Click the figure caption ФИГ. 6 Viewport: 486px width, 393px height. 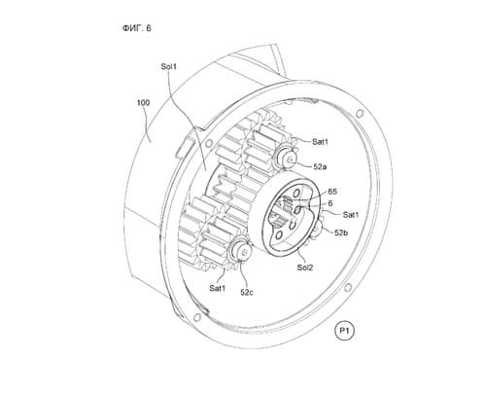136,28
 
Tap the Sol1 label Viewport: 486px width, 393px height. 169,67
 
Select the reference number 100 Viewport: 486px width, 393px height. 143,103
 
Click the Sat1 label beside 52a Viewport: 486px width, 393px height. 320,142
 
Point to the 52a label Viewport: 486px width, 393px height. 320,166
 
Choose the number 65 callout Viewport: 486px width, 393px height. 332,192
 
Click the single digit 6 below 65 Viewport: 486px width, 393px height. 330,203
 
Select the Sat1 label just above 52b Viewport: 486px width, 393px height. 351,215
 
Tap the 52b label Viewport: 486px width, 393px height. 341,232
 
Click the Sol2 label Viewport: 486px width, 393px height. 305,268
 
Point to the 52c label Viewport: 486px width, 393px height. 247,292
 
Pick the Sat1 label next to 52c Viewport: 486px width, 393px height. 218,288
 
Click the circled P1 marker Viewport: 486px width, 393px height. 344,331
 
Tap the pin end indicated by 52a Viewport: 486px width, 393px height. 289,159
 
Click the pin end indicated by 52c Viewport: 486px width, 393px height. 245,252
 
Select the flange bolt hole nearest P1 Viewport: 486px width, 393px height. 348,287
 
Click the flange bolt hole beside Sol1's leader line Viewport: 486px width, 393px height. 208,144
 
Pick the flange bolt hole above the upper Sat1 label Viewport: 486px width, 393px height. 360,114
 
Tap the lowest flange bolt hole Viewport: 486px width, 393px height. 196,317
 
